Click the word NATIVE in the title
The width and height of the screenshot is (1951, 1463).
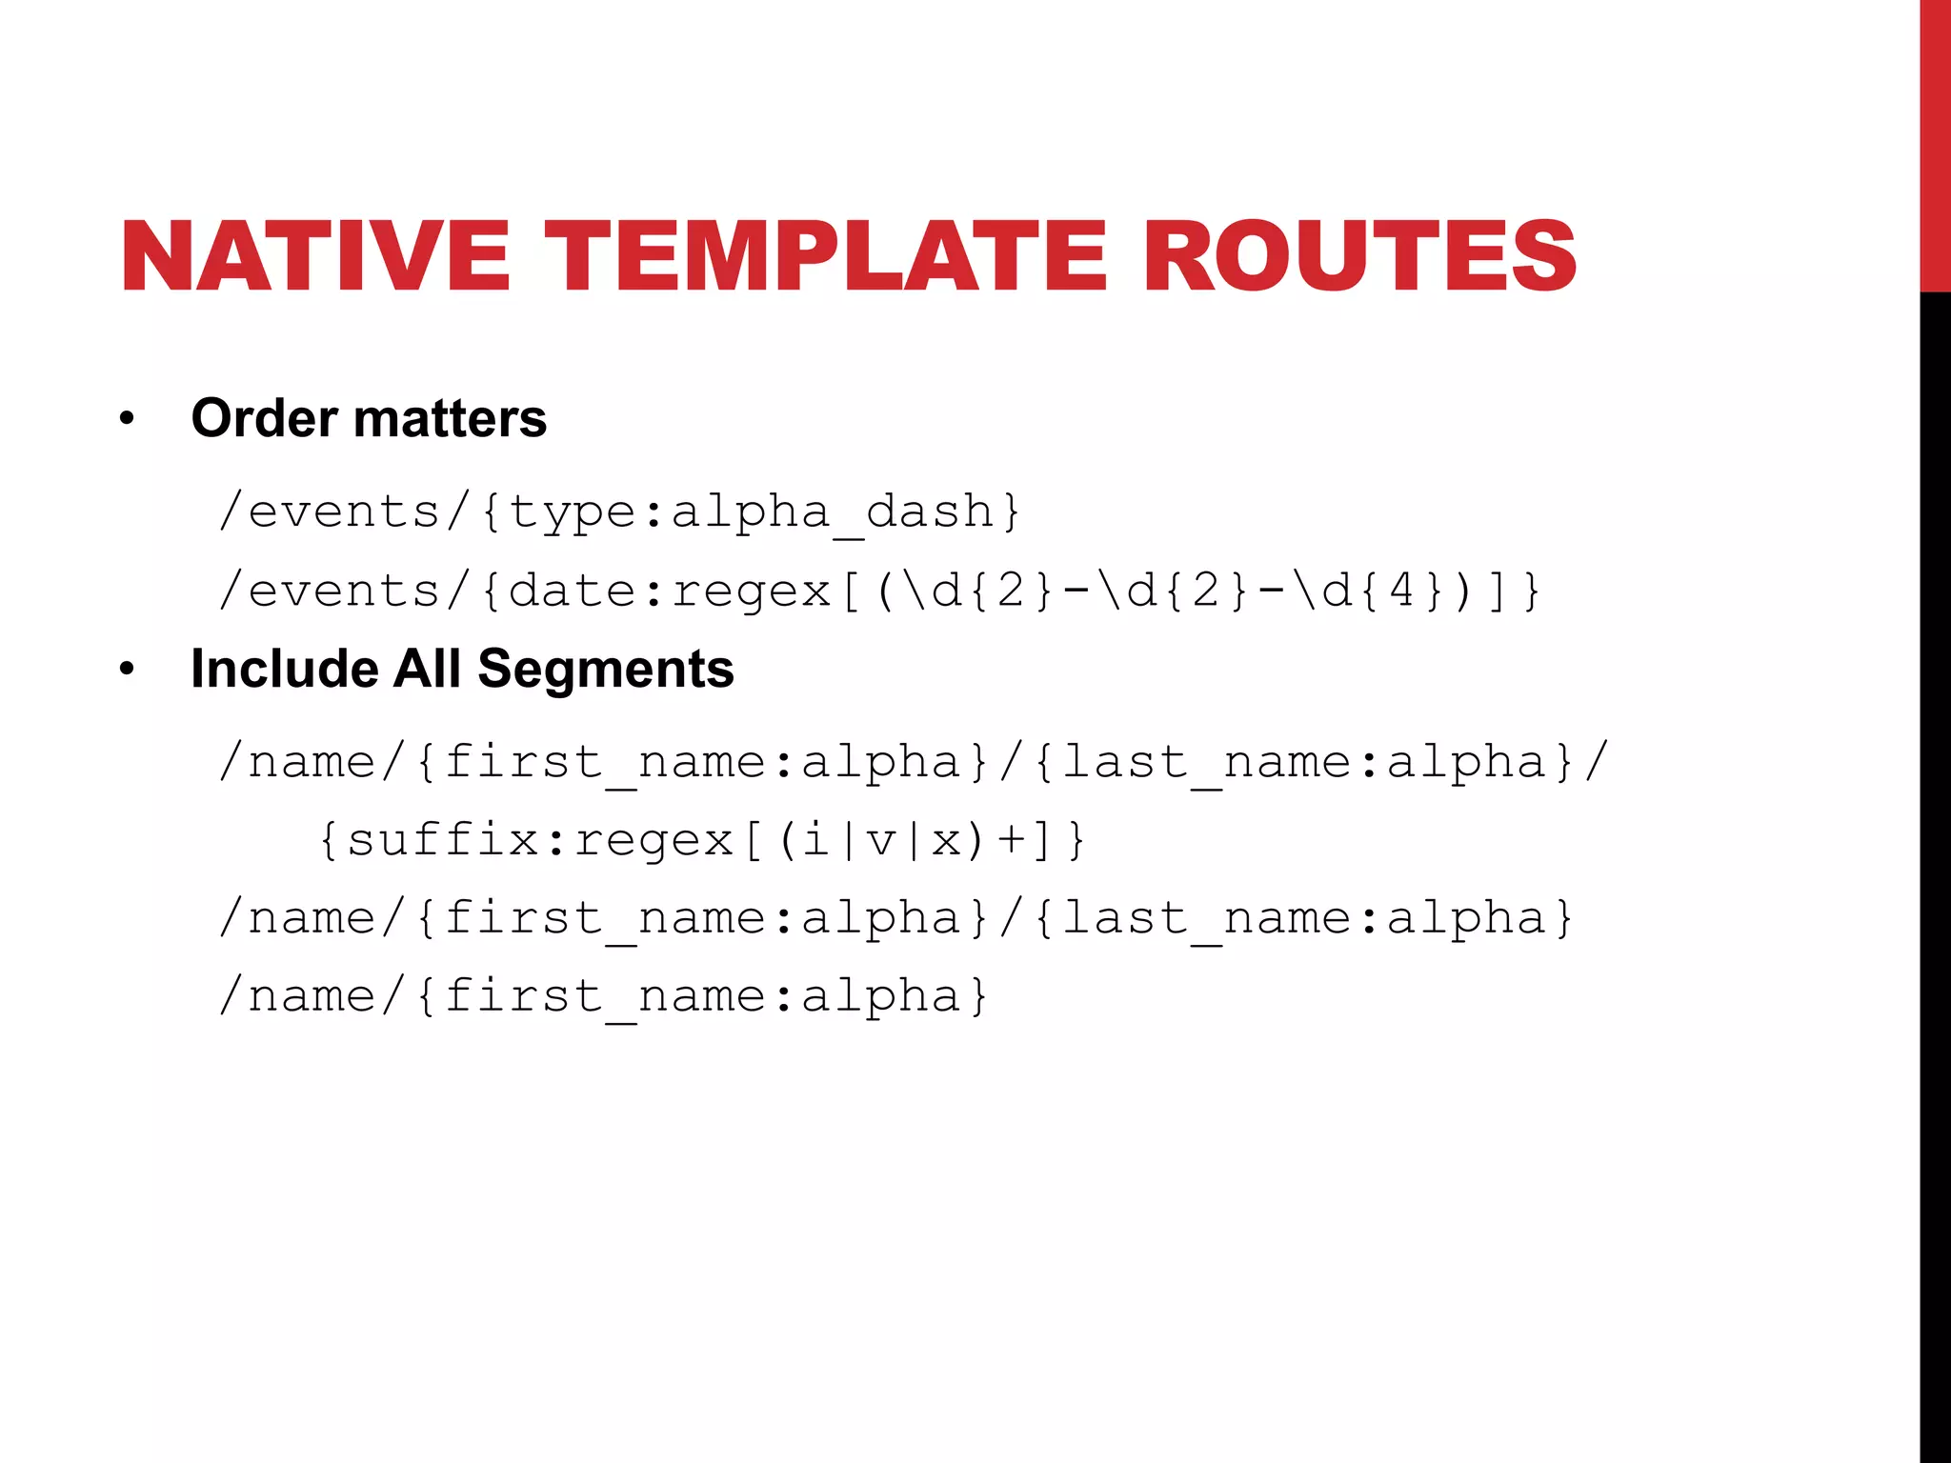click(314, 255)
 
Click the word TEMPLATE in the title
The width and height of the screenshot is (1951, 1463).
click(825, 255)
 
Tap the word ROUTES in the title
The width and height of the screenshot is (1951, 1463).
click(1359, 255)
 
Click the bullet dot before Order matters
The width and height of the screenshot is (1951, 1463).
click(127, 419)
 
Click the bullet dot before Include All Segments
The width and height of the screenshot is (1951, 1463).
click(127, 670)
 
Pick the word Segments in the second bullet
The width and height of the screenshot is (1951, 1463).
click(606, 669)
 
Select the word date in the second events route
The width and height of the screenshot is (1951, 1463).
click(572, 591)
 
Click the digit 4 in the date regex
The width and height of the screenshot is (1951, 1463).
click(1401, 591)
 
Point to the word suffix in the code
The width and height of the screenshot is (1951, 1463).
click(442, 840)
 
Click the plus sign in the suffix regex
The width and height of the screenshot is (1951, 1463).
click(1012, 840)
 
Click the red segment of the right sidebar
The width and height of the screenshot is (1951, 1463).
click(1935, 143)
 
